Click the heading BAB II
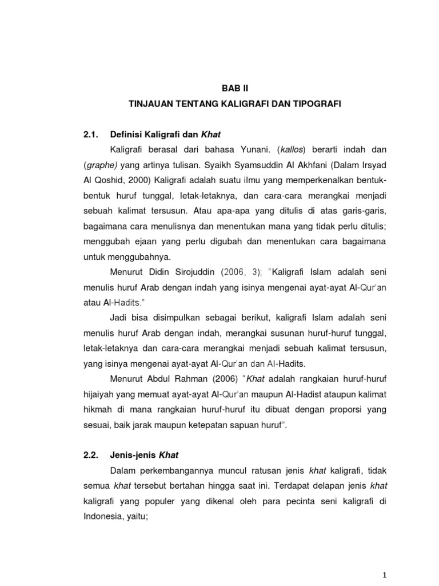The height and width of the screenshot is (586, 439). click(236, 88)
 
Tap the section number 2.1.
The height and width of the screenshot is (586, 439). click(91, 134)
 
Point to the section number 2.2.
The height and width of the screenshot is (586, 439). click(91, 455)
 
